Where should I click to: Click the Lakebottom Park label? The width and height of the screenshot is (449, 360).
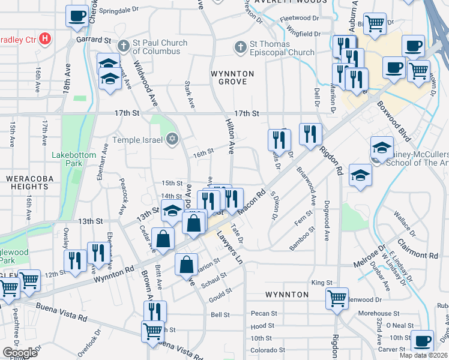pyautogui.click(x=74, y=159)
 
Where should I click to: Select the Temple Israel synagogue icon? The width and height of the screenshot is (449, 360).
pyautogui.click(x=173, y=140)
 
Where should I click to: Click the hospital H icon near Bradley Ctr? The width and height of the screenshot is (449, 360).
pyautogui.click(x=44, y=40)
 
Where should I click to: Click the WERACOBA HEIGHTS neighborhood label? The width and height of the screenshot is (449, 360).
pyautogui.click(x=26, y=184)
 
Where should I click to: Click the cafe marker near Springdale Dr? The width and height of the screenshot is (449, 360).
pyautogui.click(x=77, y=16)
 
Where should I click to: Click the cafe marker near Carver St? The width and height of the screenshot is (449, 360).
pyautogui.click(x=422, y=340)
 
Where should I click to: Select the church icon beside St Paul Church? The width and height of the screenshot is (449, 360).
pyautogui.click(x=123, y=46)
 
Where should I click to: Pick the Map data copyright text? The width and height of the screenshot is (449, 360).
pyautogui.click(x=424, y=355)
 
